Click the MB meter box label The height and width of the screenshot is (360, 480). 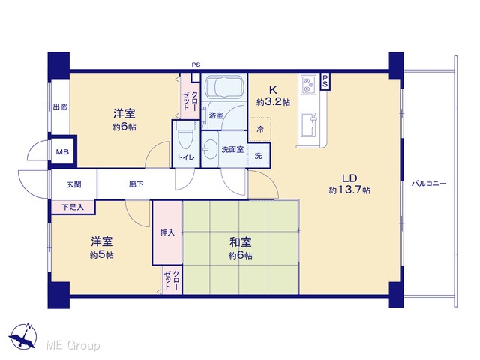[62, 151]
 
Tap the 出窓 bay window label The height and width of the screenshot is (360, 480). [60, 106]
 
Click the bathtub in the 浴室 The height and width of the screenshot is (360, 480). [224, 87]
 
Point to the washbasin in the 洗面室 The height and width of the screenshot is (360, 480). [210, 150]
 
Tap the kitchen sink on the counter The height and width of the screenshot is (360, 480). [309, 124]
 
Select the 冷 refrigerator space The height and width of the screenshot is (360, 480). [260, 129]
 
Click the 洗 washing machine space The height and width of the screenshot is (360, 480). [259, 155]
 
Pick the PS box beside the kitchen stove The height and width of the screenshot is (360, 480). [325, 82]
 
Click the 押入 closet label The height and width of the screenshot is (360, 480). [167, 232]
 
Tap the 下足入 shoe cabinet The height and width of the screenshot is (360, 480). [73, 207]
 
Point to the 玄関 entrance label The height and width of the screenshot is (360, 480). [74, 184]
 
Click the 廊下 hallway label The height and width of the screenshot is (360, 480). [136, 184]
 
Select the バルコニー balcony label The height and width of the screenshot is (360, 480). [428, 184]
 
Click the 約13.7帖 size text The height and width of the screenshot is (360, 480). [349, 190]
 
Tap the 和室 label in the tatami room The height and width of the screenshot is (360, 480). [241, 242]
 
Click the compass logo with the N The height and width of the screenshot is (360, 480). [23, 336]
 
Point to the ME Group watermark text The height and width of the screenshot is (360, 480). [73, 345]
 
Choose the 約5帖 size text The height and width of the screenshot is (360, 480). [102, 255]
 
